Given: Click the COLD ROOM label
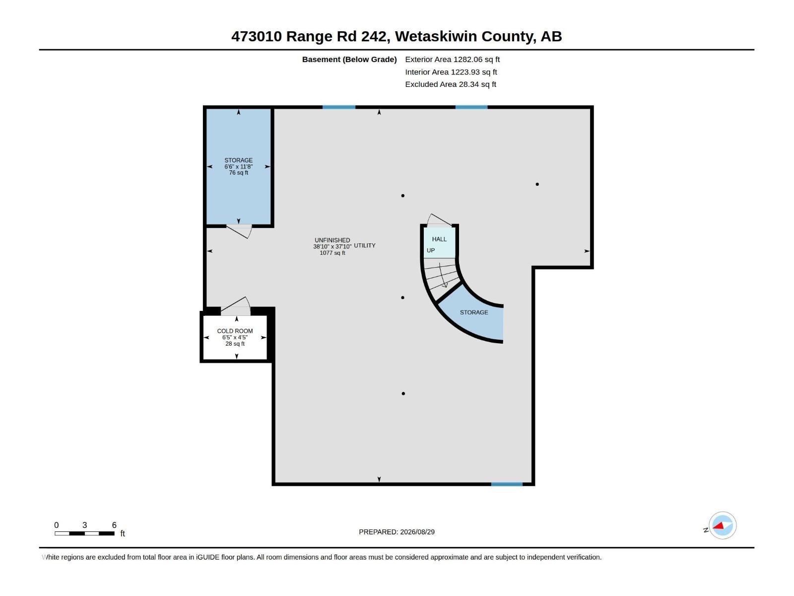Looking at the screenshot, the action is (x=235, y=331).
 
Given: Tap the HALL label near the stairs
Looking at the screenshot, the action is (x=439, y=239).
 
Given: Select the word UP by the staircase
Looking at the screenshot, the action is (x=430, y=250).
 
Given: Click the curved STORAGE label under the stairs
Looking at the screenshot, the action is (x=474, y=312).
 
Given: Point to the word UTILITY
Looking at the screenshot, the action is (x=365, y=245).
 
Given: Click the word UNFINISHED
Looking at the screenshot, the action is (x=332, y=240).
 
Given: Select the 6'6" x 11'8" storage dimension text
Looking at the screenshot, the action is (x=238, y=166).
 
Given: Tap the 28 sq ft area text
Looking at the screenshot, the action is (x=235, y=344).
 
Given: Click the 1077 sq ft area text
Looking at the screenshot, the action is (x=332, y=253).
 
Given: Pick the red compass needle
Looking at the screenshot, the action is (x=718, y=525).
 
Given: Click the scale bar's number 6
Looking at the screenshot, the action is (x=114, y=525).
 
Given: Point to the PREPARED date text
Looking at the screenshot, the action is (x=397, y=532).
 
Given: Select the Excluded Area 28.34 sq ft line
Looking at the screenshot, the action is (x=451, y=84).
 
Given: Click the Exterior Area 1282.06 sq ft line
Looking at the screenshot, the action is (x=452, y=59).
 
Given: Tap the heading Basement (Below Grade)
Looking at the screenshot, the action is (x=349, y=59).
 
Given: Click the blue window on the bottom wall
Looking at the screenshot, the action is (x=507, y=484).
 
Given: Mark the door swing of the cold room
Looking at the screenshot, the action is (x=236, y=306).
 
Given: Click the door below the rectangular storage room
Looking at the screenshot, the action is (x=239, y=231).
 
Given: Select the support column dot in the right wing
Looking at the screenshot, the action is (x=537, y=184).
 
